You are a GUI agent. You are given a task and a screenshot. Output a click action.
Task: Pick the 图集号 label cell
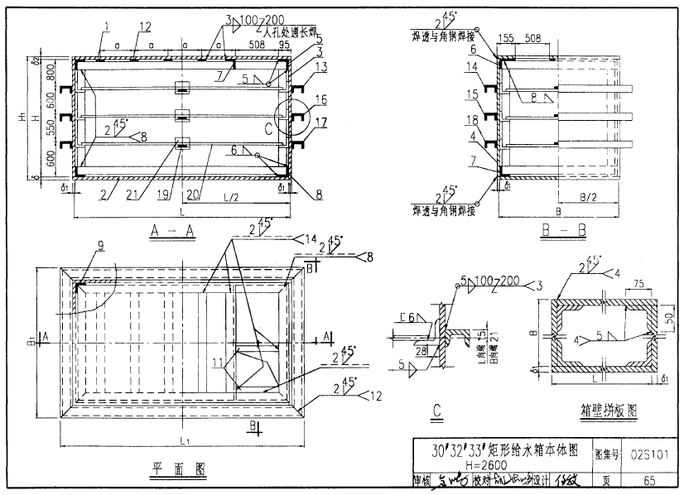coord(609,454)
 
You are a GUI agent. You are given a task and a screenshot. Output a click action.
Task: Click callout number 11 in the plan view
coord(218,362)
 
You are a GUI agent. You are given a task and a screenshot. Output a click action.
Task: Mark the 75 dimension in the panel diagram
coord(637,286)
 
